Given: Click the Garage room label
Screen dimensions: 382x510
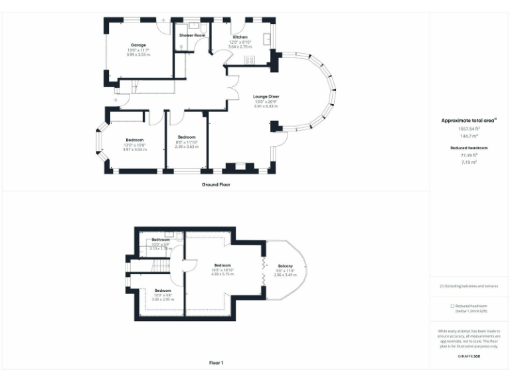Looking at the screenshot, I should click(138, 45).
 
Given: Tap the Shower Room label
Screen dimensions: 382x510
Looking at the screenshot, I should click(192, 35).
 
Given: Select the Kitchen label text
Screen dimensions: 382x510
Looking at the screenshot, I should click(240, 37).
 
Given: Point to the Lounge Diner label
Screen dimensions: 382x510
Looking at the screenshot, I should click(266, 96).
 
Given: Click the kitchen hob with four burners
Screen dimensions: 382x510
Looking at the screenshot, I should click(250, 60).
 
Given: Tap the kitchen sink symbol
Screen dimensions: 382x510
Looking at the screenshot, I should click(268, 39).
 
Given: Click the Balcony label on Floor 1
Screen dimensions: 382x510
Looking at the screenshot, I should click(286, 266).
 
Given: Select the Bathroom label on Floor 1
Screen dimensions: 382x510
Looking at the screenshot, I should click(161, 239).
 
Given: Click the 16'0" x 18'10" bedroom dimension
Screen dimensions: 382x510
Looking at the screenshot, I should click(222, 270).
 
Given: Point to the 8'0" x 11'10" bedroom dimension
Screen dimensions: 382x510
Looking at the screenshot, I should click(187, 142).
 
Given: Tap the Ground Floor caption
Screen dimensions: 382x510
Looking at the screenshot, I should click(216, 184).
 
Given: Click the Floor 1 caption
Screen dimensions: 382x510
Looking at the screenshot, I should click(216, 363).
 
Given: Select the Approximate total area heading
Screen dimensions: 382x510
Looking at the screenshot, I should click(468, 121).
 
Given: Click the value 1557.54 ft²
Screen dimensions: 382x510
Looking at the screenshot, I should click(469, 129).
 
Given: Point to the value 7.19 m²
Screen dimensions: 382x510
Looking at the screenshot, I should click(469, 161).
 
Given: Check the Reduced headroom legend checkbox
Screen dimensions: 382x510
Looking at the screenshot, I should click(452, 306).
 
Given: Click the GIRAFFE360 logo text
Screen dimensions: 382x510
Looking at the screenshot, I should click(469, 357).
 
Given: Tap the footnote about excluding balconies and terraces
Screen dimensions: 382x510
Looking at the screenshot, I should click(469, 286).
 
